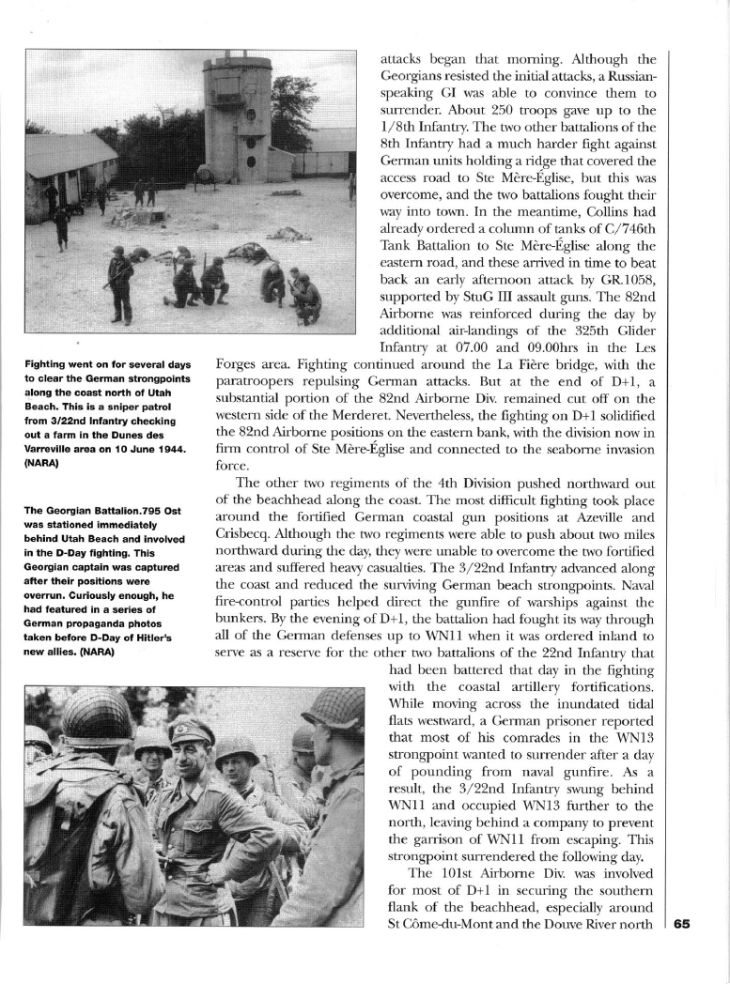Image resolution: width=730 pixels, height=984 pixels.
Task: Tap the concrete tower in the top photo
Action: [x=237, y=117]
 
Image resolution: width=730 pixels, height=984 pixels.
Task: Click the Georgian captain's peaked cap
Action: [x=191, y=729]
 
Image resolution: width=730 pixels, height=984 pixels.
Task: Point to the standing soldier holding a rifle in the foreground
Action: [x=120, y=281]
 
